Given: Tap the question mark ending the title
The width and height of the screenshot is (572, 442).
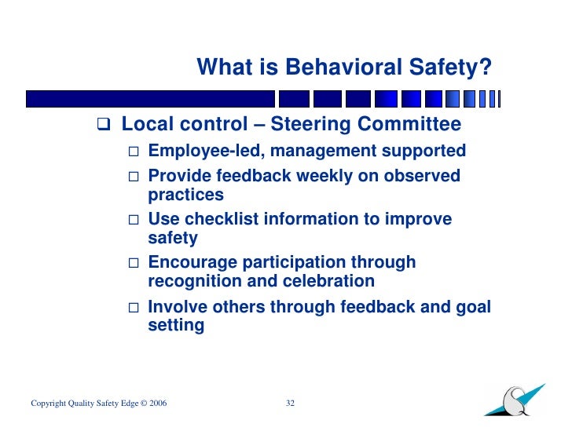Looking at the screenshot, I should (x=486, y=68).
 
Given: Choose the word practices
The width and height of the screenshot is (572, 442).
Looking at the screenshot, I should (x=185, y=195).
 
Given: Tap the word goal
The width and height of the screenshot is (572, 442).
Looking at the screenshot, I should (x=472, y=306).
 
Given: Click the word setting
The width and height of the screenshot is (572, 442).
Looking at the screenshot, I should (x=176, y=325).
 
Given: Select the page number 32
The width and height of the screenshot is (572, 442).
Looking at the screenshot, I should (x=290, y=404).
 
